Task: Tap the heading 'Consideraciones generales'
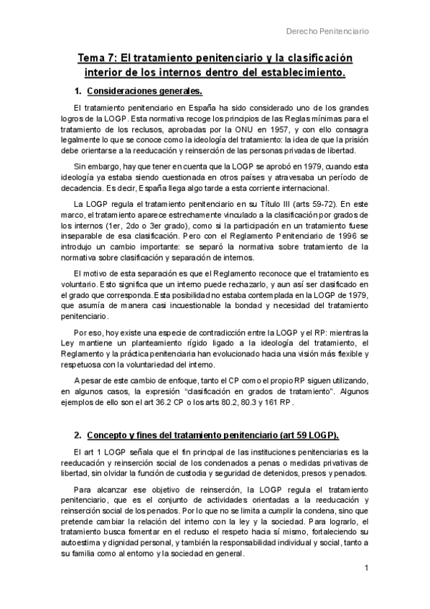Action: pyautogui.click(x=144, y=92)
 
